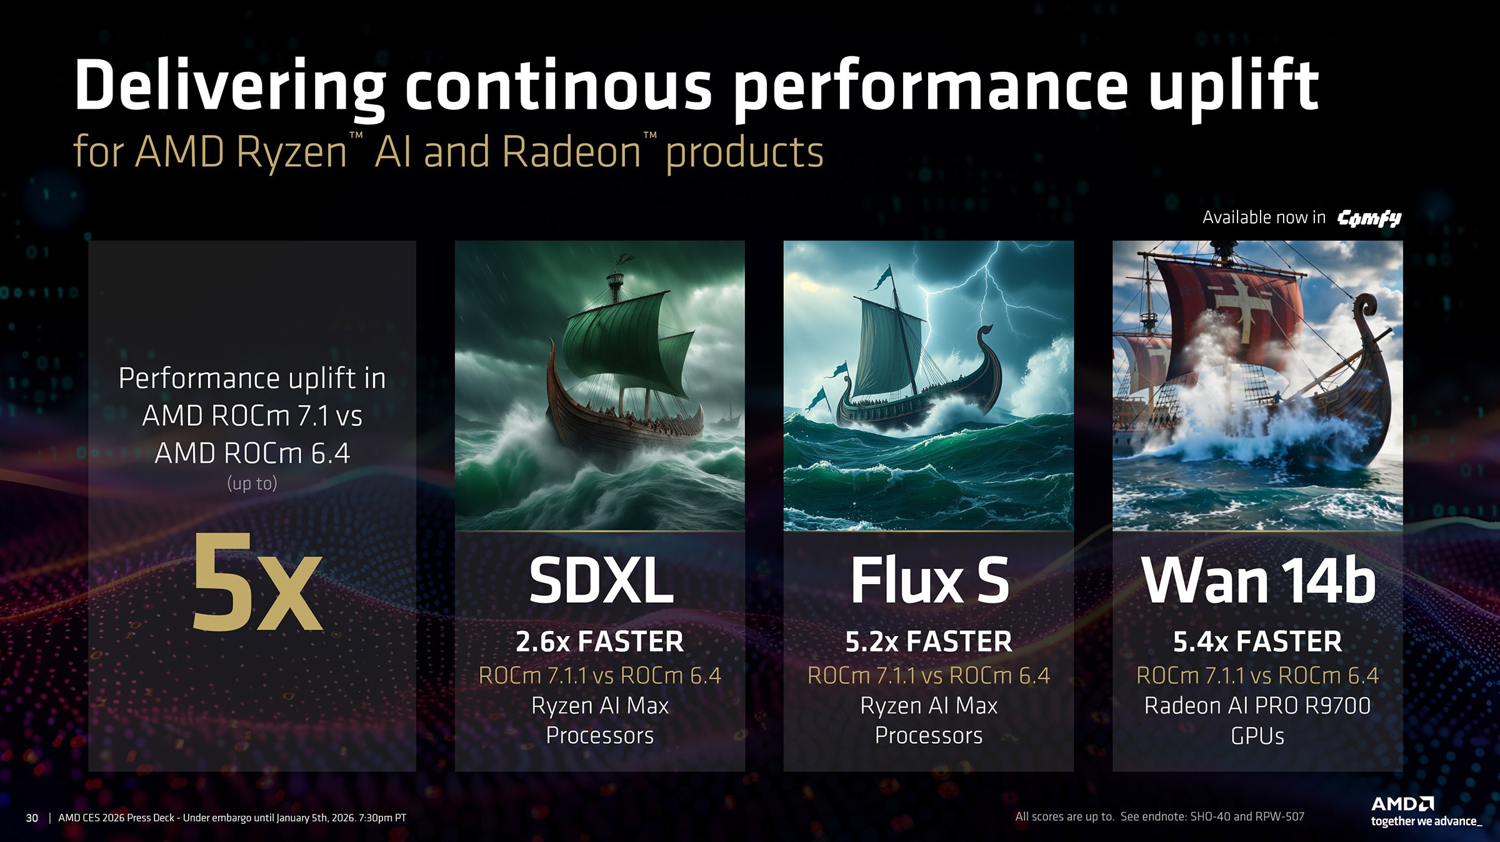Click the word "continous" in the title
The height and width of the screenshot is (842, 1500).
tap(558, 86)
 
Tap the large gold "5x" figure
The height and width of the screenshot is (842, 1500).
tap(256, 583)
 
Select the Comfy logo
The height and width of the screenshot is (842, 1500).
tap(1369, 217)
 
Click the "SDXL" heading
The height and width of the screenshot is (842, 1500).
tap(601, 580)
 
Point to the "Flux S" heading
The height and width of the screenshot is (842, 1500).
tap(929, 580)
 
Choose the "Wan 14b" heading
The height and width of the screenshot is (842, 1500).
tap(1257, 580)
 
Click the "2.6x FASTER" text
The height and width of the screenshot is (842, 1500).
tap(599, 641)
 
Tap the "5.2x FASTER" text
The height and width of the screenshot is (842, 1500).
tap(928, 641)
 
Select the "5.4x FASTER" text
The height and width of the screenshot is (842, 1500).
tap(1257, 641)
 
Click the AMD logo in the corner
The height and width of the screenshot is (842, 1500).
tap(1402, 804)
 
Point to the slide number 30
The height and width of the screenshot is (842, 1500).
tap(32, 818)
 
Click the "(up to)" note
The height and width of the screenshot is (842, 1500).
tap(252, 483)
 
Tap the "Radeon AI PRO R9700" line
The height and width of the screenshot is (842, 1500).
tap(1257, 705)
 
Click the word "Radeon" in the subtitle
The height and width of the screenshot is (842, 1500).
tap(571, 152)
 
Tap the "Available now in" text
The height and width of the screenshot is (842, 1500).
tap(1264, 217)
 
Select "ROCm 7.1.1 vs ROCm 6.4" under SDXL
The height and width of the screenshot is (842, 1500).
tap(599, 675)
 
